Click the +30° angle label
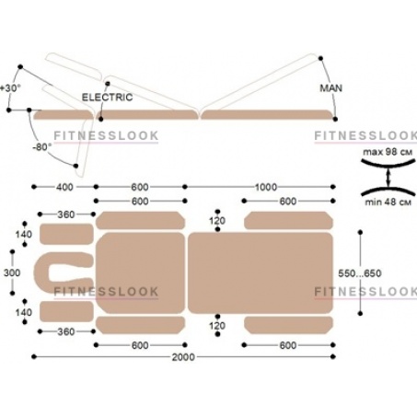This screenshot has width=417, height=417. pyautogui.click(x=10, y=88)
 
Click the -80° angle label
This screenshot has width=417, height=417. pyautogui.click(x=42, y=147)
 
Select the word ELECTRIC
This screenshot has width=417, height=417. pyautogui.click(x=107, y=98)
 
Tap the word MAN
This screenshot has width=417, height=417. pyautogui.click(x=330, y=88)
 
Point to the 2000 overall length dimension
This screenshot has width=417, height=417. pyautogui.click(x=183, y=357)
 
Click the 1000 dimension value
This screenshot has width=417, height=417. pyautogui.click(x=266, y=187)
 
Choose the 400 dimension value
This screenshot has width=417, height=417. pyautogui.click(x=64, y=187)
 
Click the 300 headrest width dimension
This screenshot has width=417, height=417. pyautogui.click(x=12, y=272)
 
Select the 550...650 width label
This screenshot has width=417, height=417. pyautogui.click(x=360, y=273)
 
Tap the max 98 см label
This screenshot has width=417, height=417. pyautogui.click(x=388, y=152)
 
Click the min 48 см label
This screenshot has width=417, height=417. pyautogui.click(x=388, y=202)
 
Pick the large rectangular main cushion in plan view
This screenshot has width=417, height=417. pyautogui.click(x=261, y=272)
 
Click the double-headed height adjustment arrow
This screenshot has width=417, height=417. pyautogui.click(x=388, y=178)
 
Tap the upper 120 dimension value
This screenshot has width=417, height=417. pyautogui.click(x=217, y=221)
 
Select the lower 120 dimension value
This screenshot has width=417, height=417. pyautogui.click(x=217, y=326)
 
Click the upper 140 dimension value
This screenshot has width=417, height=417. pyautogui.click(x=24, y=234)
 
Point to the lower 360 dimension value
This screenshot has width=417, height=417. pyautogui.click(x=66, y=331)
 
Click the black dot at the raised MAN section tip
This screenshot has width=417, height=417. pyautogui.click(x=320, y=58)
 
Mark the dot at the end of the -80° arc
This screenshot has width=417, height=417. pyautogui.click(x=75, y=166)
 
